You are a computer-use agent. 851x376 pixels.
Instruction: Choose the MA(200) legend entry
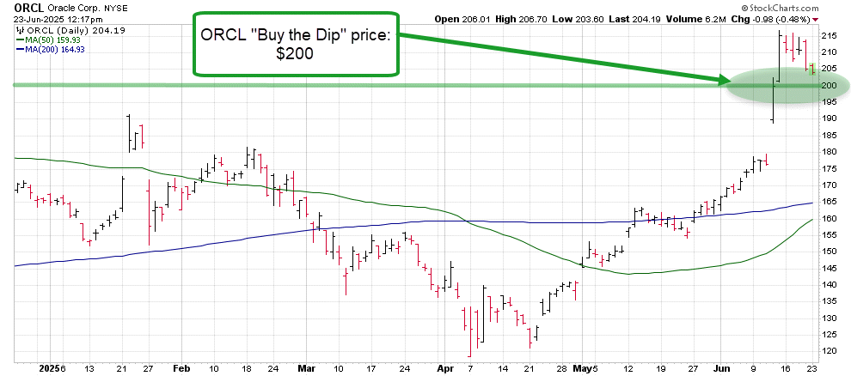(52, 50)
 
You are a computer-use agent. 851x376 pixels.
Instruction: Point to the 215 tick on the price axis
(830, 36)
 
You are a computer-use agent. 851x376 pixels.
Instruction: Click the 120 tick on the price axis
(830, 351)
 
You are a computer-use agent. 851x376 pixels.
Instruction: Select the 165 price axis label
(830, 202)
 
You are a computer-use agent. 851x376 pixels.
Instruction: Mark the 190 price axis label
(830, 118)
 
